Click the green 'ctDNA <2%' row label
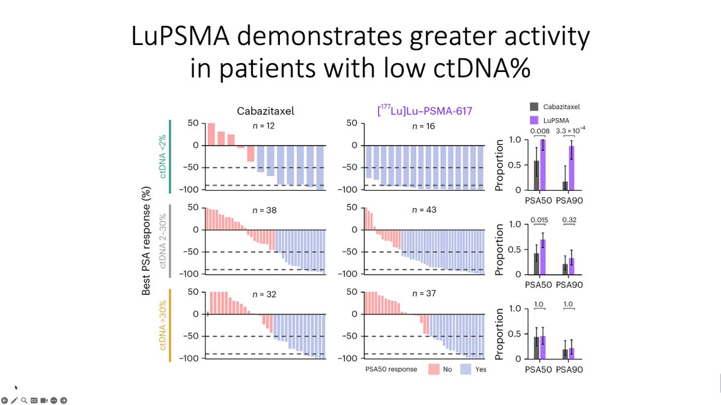pos(163,155)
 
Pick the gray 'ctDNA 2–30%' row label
pos(163,240)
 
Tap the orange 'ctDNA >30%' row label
pos(163,325)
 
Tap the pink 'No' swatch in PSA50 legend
pos(436,369)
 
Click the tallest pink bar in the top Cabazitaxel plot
pos(211,134)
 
